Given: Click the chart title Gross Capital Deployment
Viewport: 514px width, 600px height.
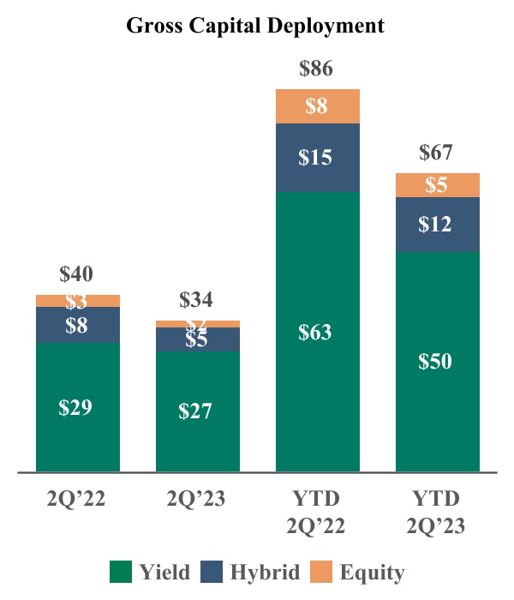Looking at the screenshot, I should (x=255, y=26).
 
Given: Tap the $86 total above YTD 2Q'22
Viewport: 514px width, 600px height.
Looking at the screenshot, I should (x=316, y=69).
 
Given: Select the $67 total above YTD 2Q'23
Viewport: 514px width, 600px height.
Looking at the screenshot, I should (x=436, y=153).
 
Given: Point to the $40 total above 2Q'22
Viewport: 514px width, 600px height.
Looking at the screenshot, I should (x=76, y=274).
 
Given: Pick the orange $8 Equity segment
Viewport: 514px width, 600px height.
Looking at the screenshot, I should (x=317, y=106).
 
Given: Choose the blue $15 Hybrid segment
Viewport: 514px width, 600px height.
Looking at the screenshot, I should (x=317, y=158).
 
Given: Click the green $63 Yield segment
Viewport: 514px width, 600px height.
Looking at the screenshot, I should (x=317, y=333).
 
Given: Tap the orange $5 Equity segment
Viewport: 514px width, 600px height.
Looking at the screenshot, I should (x=437, y=185).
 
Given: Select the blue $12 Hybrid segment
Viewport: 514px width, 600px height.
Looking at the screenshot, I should (x=437, y=225).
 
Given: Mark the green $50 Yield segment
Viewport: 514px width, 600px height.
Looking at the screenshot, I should (x=437, y=361).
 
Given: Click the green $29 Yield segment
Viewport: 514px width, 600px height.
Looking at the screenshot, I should (x=77, y=407).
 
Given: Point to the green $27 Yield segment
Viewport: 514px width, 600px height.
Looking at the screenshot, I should (x=197, y=411).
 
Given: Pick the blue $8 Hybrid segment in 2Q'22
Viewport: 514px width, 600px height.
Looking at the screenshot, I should (x=77, y=325).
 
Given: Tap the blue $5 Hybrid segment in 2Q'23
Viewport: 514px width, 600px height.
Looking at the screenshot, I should (x=197, y=339).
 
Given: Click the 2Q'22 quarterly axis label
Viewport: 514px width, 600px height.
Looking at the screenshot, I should (x=77, y=500).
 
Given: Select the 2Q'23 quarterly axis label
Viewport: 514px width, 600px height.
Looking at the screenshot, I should (x=197, y=500).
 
